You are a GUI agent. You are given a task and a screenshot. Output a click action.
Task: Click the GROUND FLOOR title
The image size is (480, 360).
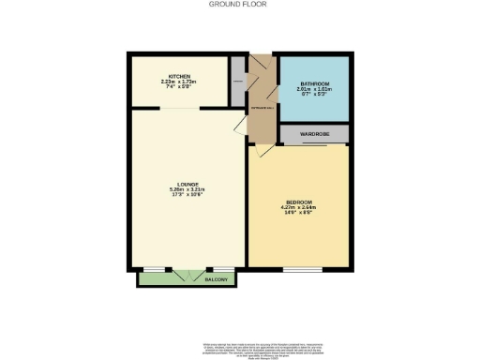pyautogui.click(x=239, y=5)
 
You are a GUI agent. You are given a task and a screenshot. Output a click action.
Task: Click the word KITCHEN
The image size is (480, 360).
pyautogui.click(x=179, y=75)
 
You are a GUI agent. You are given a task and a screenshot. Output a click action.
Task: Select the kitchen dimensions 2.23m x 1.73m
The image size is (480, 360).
pyautogui.click(x=179, y=82)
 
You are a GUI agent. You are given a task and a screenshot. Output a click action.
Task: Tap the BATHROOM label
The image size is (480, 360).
pyautogui.click(x=314, y=84)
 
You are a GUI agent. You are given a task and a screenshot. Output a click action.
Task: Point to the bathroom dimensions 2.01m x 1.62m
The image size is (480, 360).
pyautogui.click(x=314, y=90)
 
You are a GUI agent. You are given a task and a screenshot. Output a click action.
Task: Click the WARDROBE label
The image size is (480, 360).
pyautogui.click(x=314, y=134)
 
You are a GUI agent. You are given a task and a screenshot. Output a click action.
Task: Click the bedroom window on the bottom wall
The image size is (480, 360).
pyautogui.click(x=298, y=268)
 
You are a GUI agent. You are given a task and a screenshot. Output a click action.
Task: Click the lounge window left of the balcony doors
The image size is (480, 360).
pyautogui.click(x=151, y=268)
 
